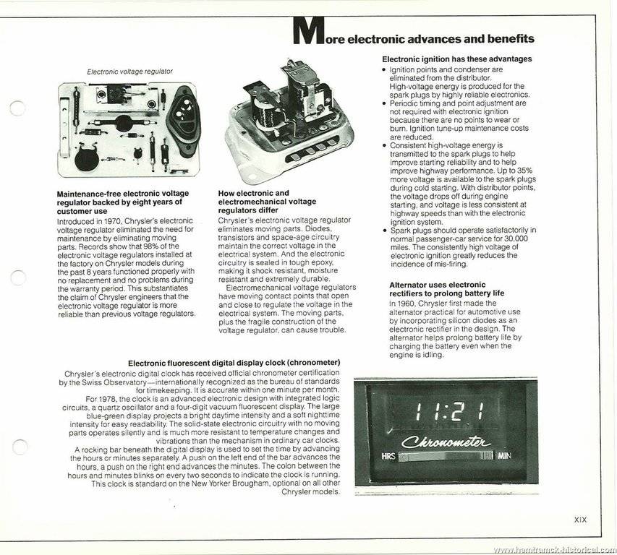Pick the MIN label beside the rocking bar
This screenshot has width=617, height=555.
pos(505,456)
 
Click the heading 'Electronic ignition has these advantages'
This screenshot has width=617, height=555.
pos(456,59)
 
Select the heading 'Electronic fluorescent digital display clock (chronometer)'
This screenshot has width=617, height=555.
pos(234,362)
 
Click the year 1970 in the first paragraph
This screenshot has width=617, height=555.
pos(112,218)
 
